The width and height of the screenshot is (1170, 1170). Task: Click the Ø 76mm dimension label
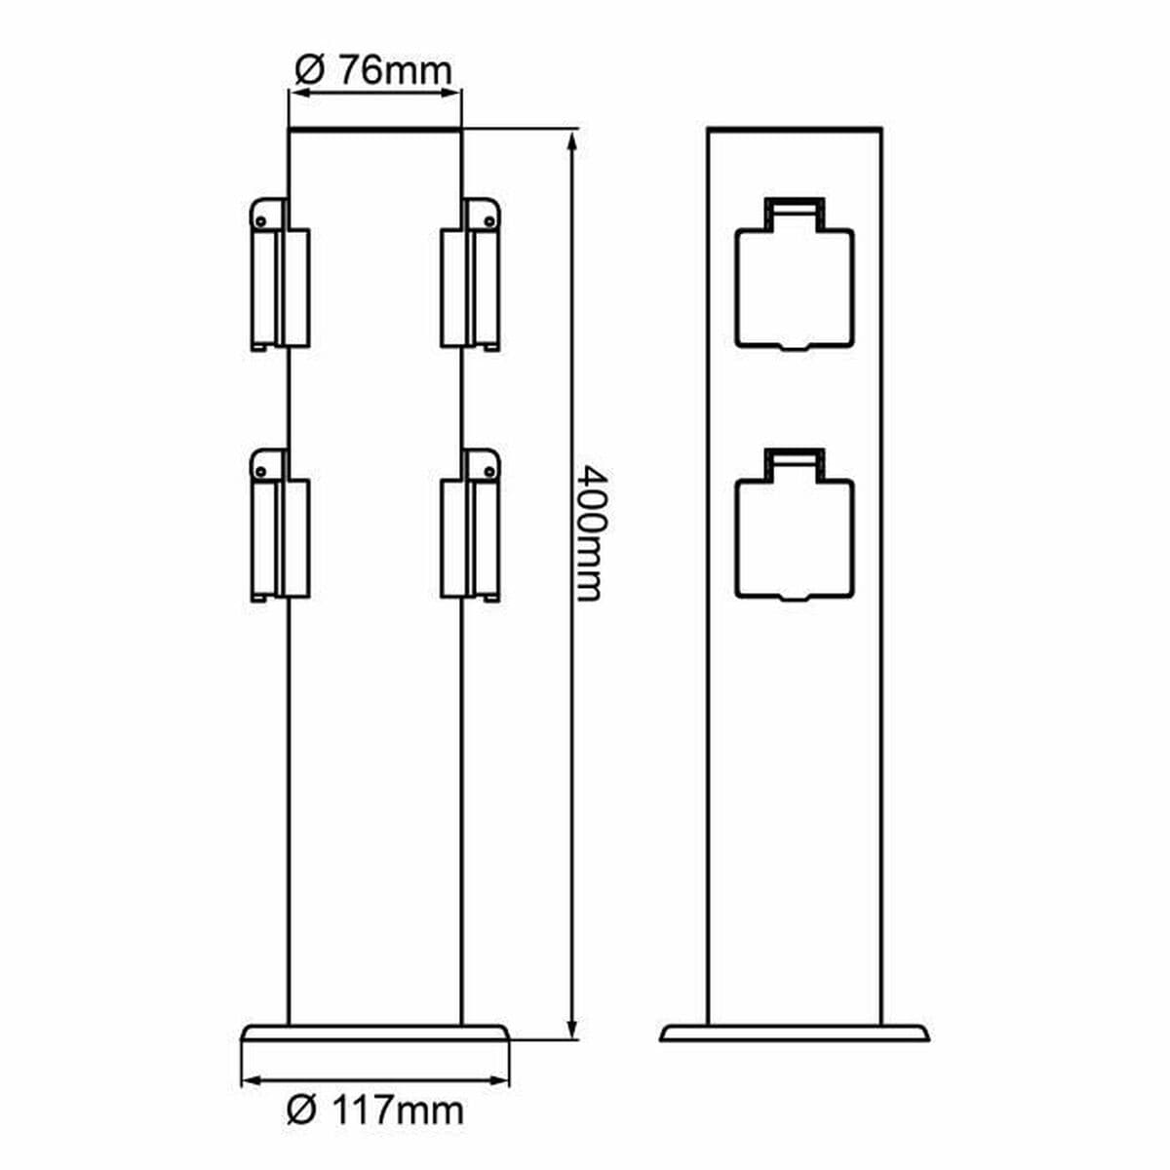tap(373, 69)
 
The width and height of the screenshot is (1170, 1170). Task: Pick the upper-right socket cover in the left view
tap(471, 283)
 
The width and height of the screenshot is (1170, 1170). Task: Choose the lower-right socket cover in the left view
tap(471, 532)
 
